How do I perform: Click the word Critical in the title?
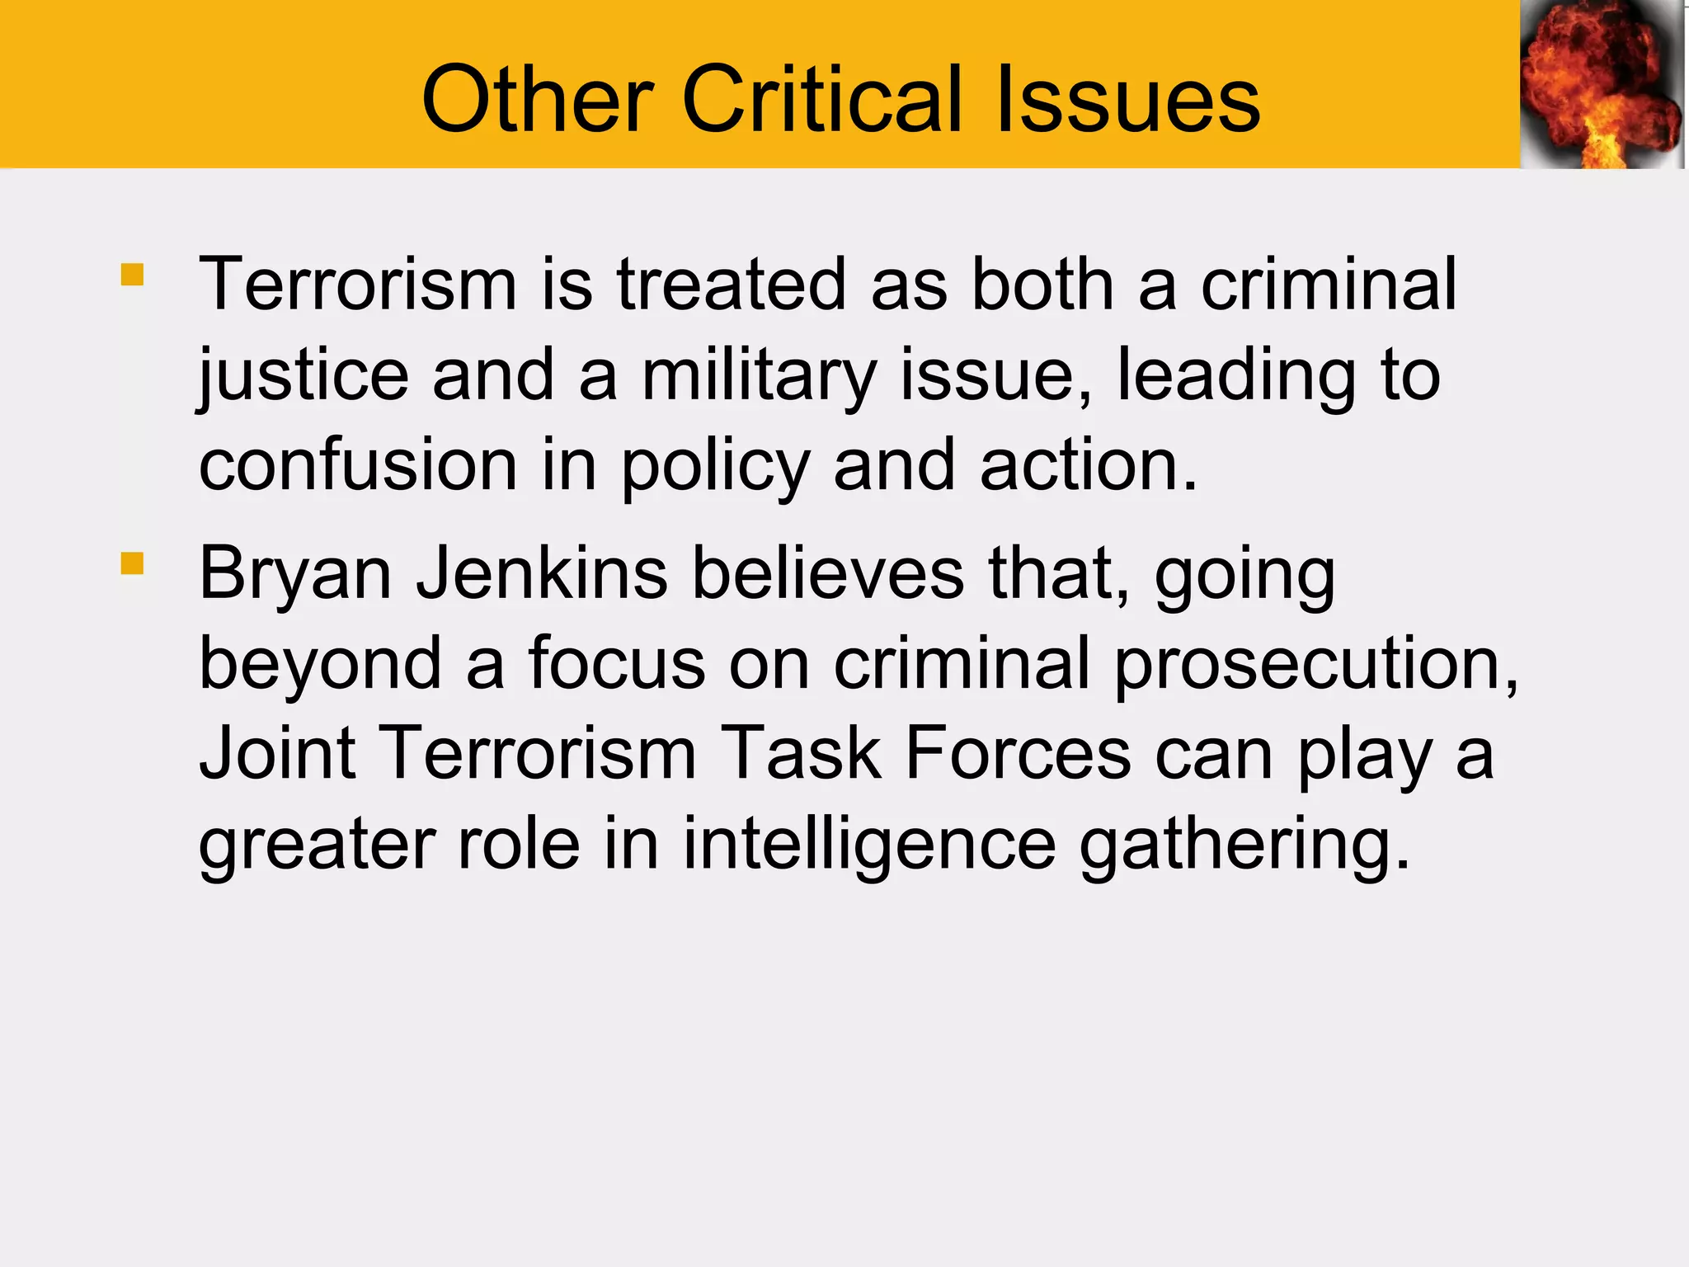pos(822,100)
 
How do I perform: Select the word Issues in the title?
pos(1127,100)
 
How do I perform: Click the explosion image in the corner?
pos(1602,84)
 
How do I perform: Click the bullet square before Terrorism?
pos(132,274)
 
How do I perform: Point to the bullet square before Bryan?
pos(132,563)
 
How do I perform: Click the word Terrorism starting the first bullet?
pos(358,285)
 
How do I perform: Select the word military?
pos(759,376)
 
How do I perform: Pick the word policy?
pos(716,467)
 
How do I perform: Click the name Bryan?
pos(294,575)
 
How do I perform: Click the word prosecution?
pos(1315,665)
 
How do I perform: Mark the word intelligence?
pos(869,845)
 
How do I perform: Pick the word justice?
pos(303,376)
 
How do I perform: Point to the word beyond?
pos(321,665)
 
